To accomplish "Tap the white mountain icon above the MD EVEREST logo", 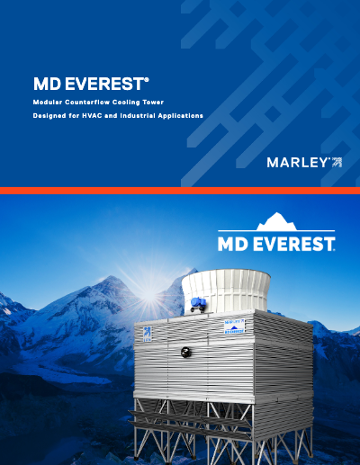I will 276,222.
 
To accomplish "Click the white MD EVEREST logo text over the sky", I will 276,243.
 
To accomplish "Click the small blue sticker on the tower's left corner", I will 148,331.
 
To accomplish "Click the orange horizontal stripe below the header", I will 180,191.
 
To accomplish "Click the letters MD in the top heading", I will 46,85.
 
